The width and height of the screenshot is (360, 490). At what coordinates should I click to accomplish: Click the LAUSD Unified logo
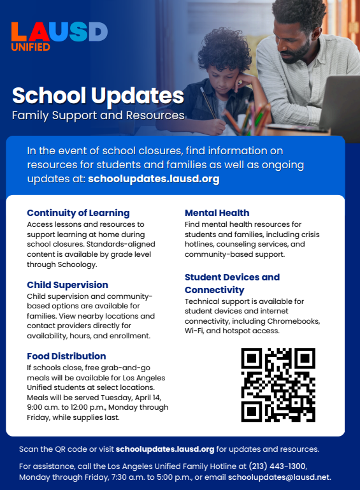(59, 36)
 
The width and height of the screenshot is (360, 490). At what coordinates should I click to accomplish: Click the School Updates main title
(98, 96)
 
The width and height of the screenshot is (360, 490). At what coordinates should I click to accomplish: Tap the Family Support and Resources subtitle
(98, 115)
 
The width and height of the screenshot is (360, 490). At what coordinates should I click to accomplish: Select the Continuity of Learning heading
(78, 213)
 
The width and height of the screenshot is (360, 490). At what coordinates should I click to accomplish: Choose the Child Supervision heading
(68, 285)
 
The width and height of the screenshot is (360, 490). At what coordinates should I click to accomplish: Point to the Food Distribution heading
(66, 356)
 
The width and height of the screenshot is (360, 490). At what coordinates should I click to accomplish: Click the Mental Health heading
(217, 213)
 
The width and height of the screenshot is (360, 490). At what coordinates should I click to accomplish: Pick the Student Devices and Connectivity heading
(232, 284)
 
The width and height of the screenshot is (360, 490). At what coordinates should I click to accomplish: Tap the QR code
(278, 384)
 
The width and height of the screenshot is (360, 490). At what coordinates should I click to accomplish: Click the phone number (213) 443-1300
(277, 466)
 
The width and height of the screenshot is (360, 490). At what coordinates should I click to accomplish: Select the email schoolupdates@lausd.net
(280, 477)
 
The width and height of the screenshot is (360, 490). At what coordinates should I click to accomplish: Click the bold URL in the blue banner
(154, 179)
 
